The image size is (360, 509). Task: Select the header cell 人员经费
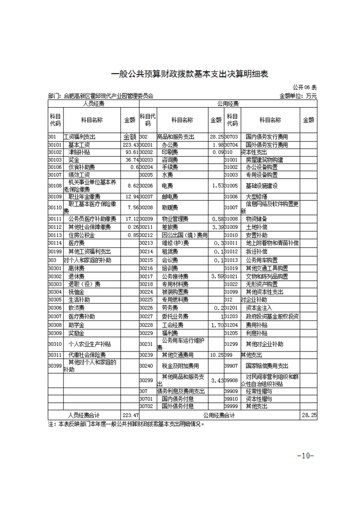[x=93, y=104]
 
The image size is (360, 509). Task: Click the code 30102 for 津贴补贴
[x=55, y=152]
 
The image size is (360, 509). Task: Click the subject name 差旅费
[x=170, y=227]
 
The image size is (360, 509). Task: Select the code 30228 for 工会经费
[x=146, y=325]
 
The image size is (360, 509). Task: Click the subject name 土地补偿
[x=256, y=227]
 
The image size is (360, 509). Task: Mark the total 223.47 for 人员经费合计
[x=130, y=415]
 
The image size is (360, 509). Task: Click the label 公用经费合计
[x=219, y=415]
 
